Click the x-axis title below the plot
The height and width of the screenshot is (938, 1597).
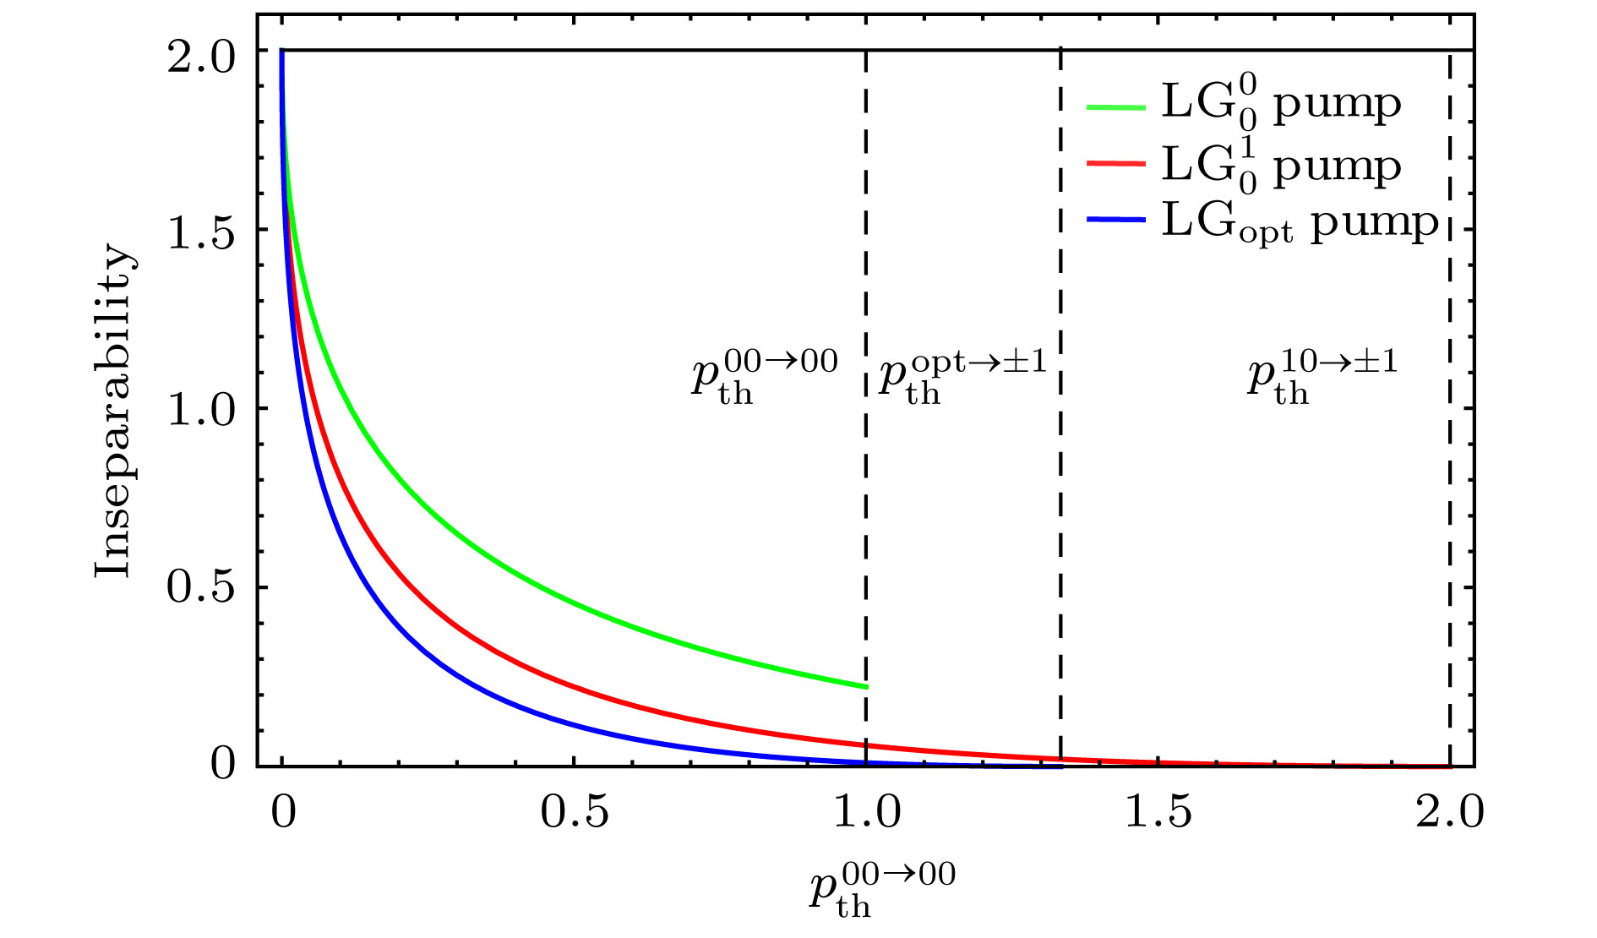click(882, 888)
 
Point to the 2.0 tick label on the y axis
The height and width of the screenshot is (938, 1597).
click(201, 58)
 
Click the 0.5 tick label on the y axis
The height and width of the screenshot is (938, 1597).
click(201, 589)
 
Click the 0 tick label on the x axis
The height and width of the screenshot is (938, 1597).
click(283, 812)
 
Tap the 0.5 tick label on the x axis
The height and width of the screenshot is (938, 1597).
click(575, 812)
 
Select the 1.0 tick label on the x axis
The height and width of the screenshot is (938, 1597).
click(867, 812)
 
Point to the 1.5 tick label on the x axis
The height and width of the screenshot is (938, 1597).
click(1158, 812)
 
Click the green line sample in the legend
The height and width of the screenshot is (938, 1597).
click(1115, 107)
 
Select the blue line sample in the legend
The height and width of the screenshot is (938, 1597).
click(1115, 220)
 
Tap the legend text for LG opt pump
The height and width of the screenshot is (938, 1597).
click(1300, 223)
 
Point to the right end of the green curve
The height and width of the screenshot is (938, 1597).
click(865, 686)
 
